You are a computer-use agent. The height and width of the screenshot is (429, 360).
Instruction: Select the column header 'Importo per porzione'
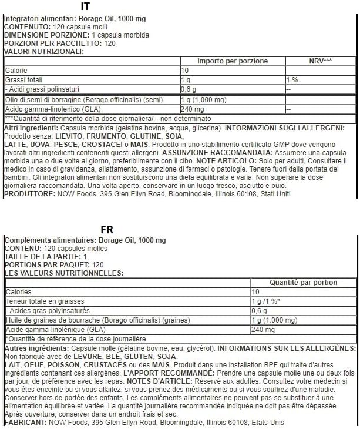[232, 61]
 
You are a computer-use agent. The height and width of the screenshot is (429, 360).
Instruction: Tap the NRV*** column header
[320, 61]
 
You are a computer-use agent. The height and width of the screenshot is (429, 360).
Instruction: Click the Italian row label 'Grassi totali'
[23, 79]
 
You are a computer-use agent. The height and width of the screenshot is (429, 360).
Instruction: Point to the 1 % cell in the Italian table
[292, 79]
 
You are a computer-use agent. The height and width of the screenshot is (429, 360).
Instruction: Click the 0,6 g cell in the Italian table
[189, 89]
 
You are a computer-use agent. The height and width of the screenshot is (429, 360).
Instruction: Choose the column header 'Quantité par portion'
[303, 282]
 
